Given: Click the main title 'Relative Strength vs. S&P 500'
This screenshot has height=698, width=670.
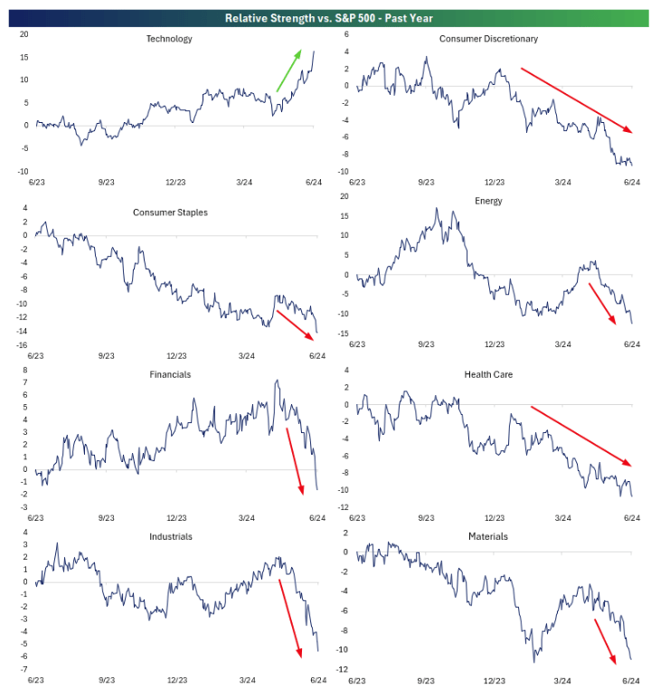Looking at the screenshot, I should (335, 16).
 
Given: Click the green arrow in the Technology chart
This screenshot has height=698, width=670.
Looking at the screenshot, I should (289, 71).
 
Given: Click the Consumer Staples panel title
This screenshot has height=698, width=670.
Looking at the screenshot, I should (170, 212).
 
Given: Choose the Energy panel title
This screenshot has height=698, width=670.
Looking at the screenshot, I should (488, 201).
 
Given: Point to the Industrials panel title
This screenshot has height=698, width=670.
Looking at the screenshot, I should (172, 536).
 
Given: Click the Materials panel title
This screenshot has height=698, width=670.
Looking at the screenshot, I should (488, 536).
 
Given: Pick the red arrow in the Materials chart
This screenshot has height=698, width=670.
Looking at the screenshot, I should (612, 639).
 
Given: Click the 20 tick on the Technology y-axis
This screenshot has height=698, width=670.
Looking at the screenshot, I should (24, 34).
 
